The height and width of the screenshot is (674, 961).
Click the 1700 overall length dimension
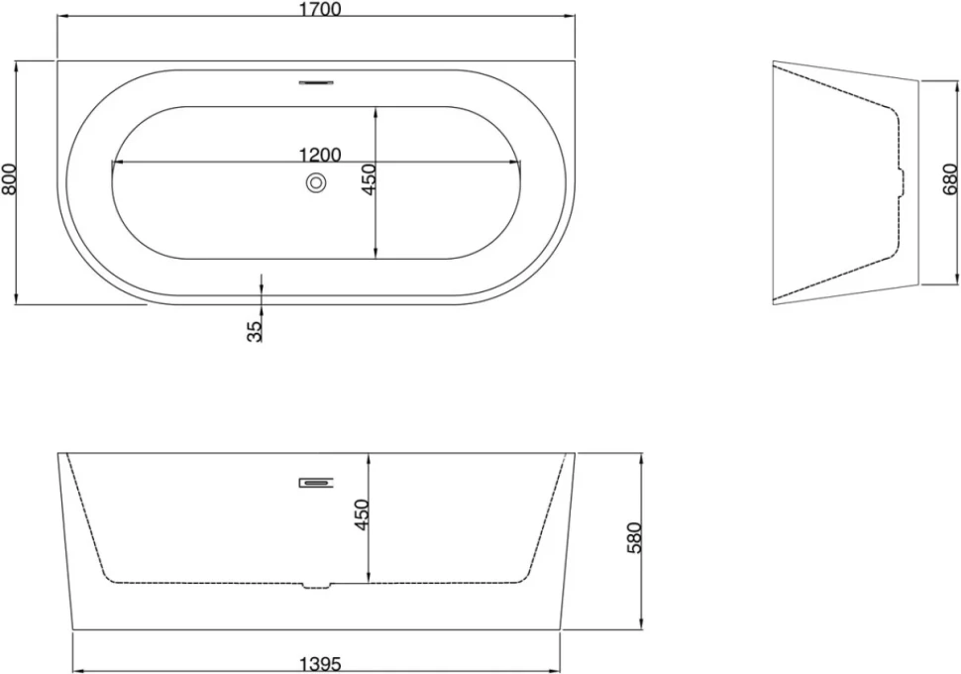[x=321, y=9]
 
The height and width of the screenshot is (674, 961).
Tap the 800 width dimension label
[x=9, y=179]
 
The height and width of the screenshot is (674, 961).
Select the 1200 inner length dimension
[x=320, y=155]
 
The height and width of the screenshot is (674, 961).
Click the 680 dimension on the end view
[x=949, y=179]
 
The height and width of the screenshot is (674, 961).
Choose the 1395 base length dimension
[x=320, y=664]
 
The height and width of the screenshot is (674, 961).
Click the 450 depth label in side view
[x=362, y=514]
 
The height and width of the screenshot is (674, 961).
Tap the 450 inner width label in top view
[x=369, y=179]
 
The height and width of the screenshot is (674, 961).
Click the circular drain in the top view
[x=316, y=182]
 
